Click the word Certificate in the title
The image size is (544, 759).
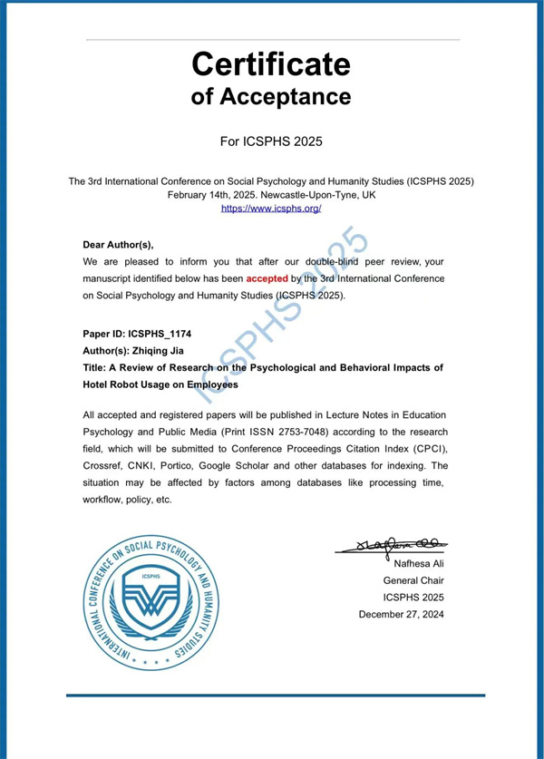click(x=271, y=64)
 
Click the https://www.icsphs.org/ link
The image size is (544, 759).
click(x=271, y=208)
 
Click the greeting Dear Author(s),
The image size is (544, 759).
click(x=119, y=245)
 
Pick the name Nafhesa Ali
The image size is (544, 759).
click(x=414, y=564)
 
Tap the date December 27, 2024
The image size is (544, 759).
click(x=402, y=614)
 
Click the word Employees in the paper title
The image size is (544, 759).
click(x=211, y=384)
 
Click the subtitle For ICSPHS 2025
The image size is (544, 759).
click(x=271, y=141)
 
